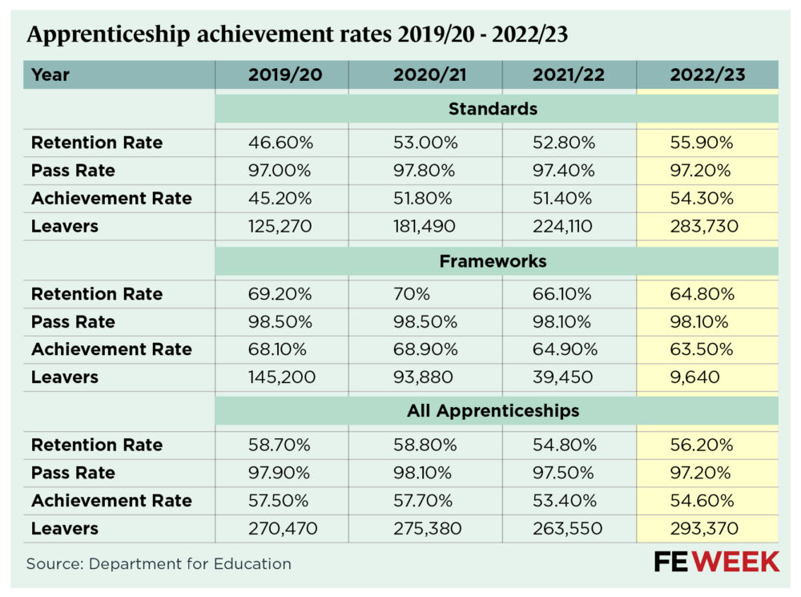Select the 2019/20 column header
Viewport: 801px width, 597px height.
click(x=281, y=75)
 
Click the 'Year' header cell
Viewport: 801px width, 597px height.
click(x=51, y=75)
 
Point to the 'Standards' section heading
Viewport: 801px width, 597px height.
click(x=493, y=108)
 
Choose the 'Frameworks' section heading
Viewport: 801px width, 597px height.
click(x=493, y=261)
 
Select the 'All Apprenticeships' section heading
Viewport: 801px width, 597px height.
click(x=493, y=411)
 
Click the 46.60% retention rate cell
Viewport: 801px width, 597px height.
click(x=280, y=143)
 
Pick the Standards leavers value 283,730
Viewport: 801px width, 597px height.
click(x=705, y=226)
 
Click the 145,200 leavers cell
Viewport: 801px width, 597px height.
click(x=281, y=377)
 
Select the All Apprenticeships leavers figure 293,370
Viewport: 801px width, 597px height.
click(x=705, y=528)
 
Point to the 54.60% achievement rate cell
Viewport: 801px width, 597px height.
click(x=702, y=501)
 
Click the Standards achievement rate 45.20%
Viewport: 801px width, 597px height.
click(x=280, y=199)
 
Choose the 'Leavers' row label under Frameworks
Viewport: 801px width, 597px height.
click(x=65, y=377)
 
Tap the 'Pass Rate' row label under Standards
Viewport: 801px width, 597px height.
click(x=73, y=171)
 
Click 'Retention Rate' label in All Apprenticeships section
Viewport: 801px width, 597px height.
click(x=97, y=445)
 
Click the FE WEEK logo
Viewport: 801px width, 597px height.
click(x=716, y=562)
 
